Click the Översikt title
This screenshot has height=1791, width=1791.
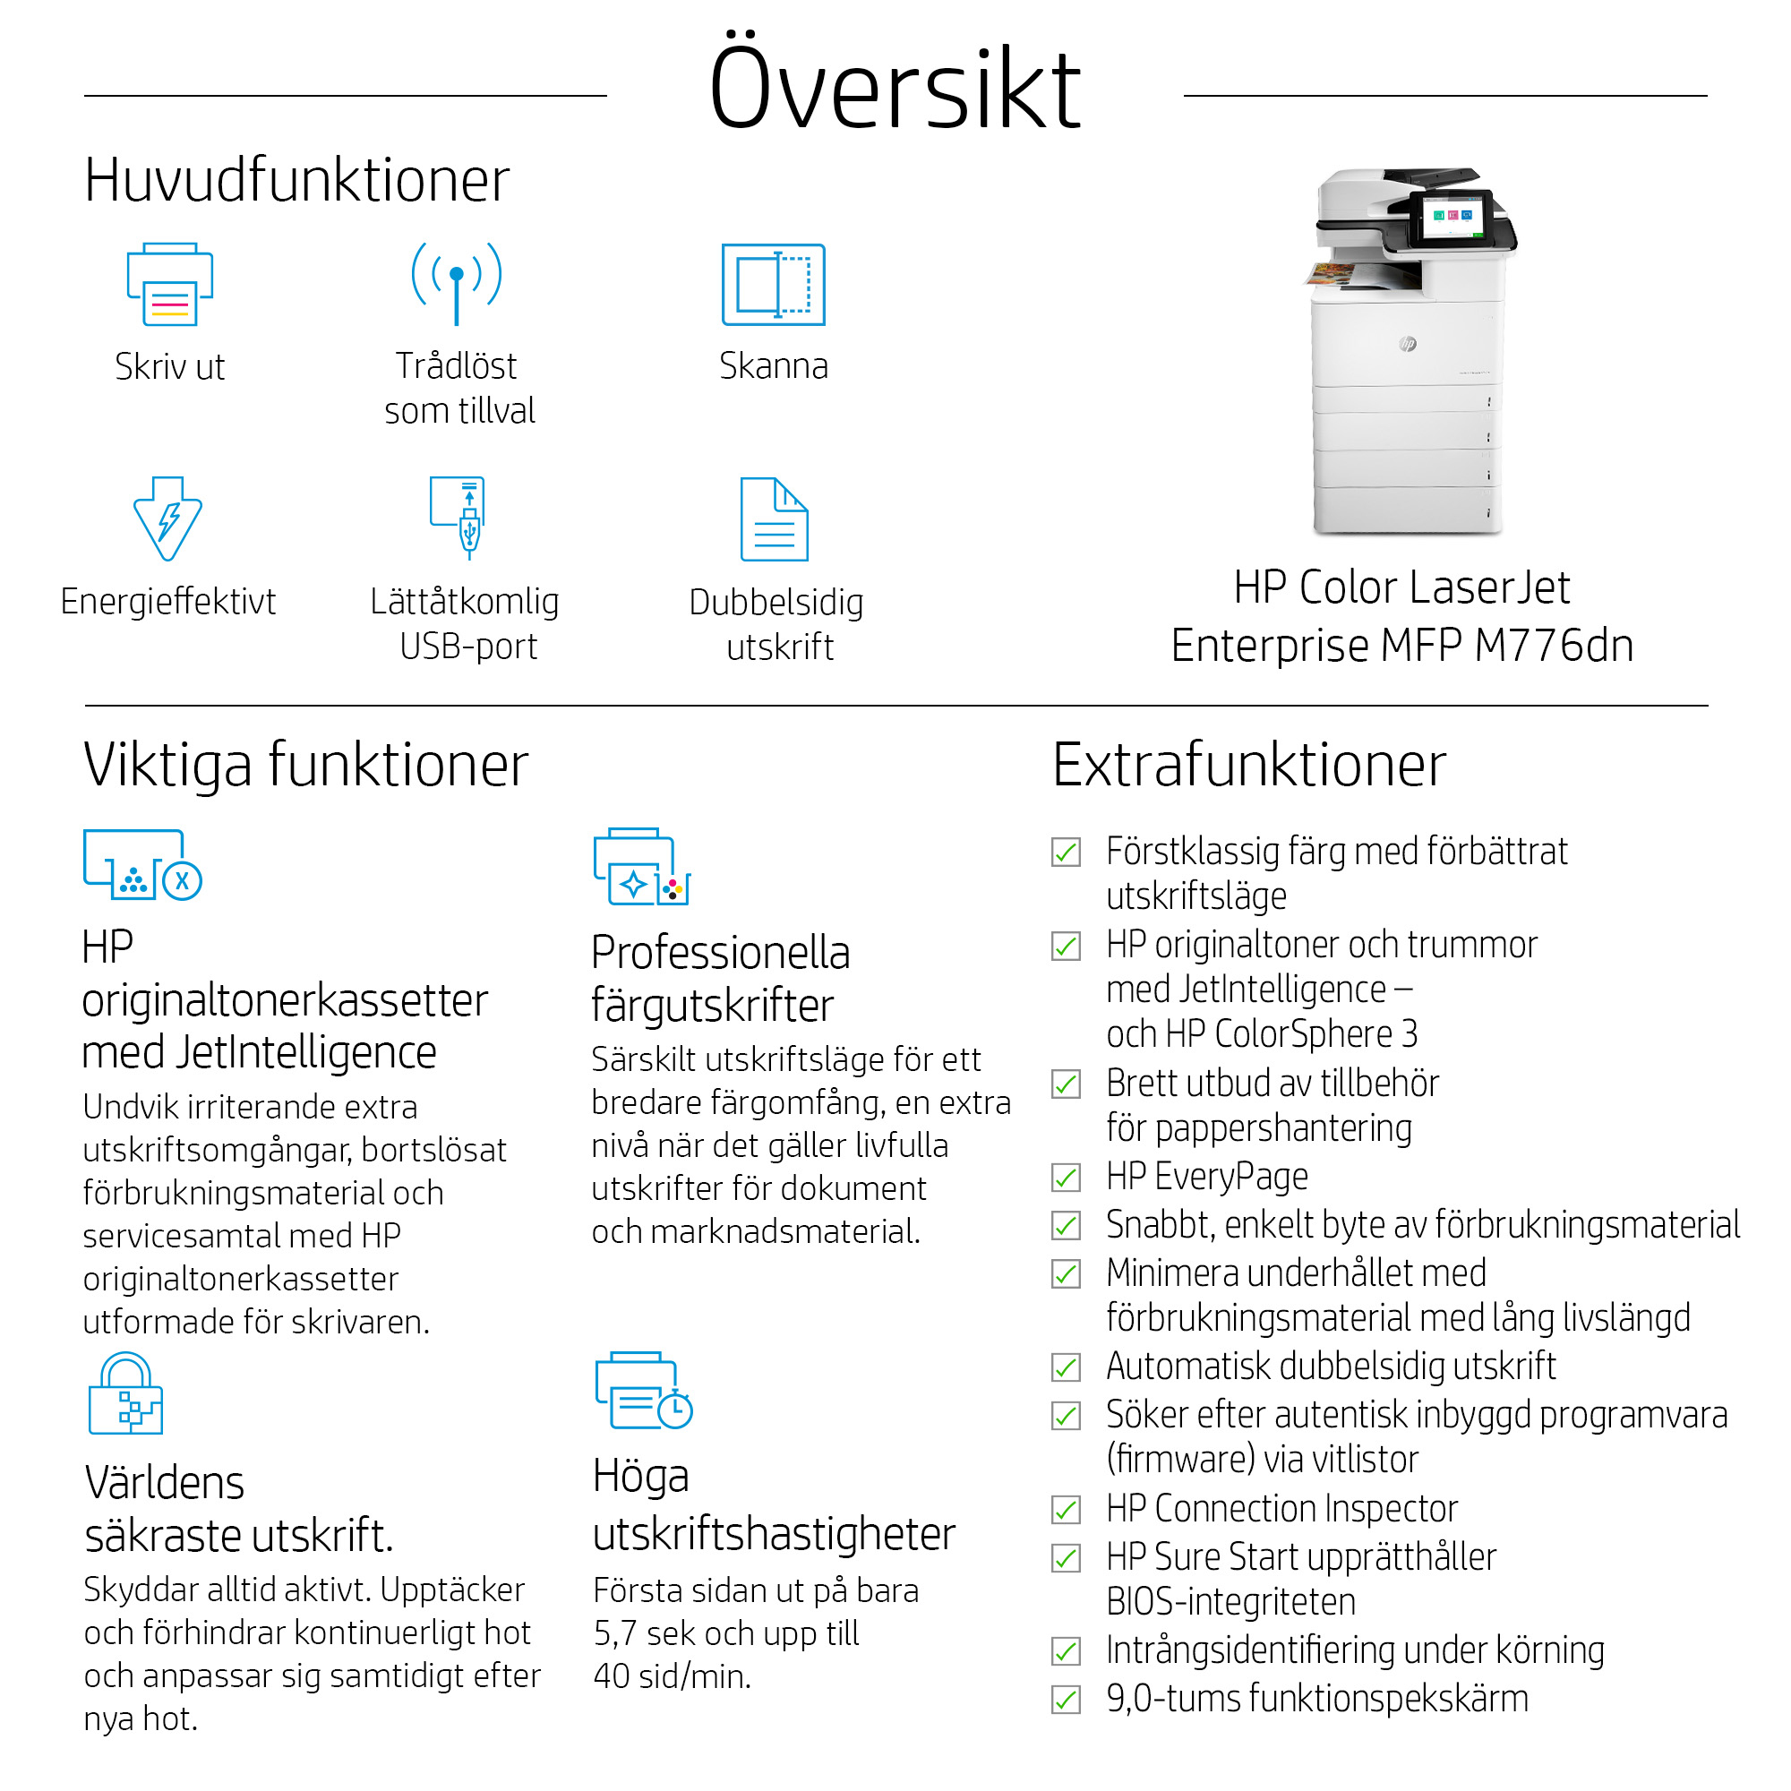(895, 89)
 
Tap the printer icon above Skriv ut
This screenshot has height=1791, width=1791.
(169, 285)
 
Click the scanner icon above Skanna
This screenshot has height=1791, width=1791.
(773, 285)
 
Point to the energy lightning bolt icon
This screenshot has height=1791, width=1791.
(167, 518)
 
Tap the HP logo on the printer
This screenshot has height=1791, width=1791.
(1407, 344)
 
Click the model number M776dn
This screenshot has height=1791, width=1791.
(1553, 647)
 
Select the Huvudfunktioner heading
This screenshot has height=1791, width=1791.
(296, 180)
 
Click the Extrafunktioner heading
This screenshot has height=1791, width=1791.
(1248, 766)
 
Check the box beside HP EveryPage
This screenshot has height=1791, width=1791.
(1066, 1178)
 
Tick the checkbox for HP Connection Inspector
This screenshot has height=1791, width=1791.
(1066, 1509)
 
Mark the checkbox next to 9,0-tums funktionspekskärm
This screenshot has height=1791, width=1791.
(1066, 1700)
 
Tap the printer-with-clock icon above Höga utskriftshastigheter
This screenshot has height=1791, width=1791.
(643, 1392)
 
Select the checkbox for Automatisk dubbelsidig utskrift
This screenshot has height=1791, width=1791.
(1066, 1367)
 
